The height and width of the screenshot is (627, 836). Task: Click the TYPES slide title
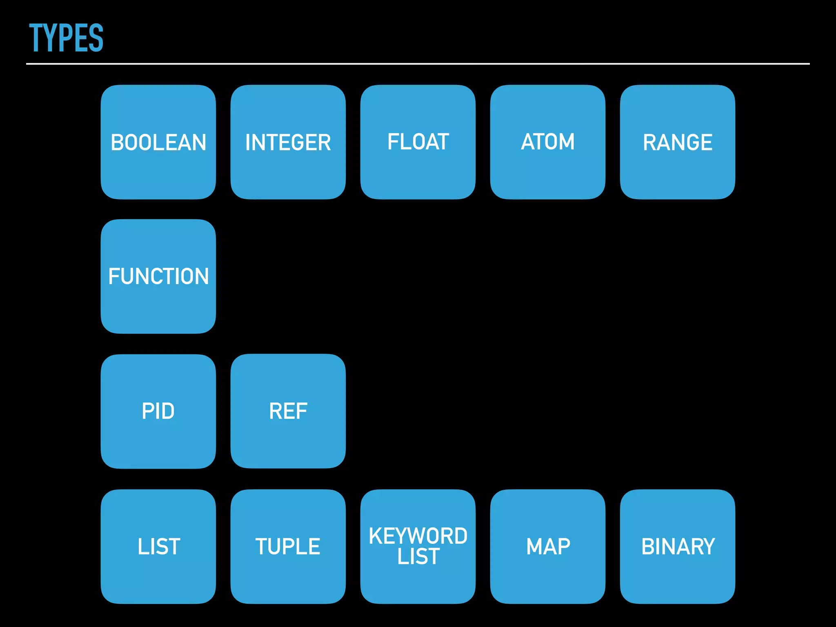[66, 38]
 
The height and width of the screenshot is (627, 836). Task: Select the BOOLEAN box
[158, 142]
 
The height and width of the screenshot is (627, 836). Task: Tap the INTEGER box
[288, 142]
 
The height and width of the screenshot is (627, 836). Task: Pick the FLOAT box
[418, 142]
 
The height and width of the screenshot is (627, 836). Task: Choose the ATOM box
[547, 142]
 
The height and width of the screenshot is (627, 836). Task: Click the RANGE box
[677, 142]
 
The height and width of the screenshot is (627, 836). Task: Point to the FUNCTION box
[158, 276]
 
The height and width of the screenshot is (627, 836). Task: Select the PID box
[158, 411]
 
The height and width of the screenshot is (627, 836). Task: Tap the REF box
[288, 411]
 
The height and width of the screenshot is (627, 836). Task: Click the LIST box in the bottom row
[158, 546]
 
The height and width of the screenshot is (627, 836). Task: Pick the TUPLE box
[288, 546]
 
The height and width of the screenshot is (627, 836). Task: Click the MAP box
[547, 546]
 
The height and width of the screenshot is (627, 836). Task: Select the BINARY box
[677, 546]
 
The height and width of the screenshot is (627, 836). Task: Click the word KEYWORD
[418, 536]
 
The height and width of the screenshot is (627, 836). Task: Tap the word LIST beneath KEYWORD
[418, 556]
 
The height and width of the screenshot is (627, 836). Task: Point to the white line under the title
[418, 64]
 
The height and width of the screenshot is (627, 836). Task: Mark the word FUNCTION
[158, 276]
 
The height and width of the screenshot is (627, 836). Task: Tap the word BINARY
[678, 546]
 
